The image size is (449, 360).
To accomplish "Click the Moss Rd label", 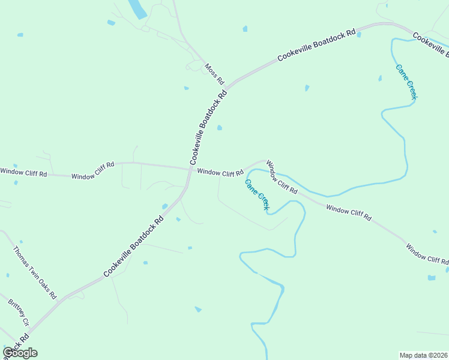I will (214, 74).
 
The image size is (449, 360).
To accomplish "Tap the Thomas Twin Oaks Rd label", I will (34, 272).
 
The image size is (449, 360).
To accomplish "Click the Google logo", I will (20, 353).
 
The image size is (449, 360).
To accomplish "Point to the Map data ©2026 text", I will (423, 355).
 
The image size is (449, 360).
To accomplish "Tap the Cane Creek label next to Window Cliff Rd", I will (257, 194).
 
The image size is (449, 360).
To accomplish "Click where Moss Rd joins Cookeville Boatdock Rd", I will (226, 85).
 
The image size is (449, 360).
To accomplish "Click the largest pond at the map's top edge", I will (137, 8).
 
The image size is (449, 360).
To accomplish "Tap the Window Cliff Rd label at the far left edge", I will (23, 172).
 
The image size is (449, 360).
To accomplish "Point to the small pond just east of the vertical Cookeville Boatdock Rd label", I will (220, 127).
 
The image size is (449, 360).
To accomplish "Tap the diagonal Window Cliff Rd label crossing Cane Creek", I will (282, 177).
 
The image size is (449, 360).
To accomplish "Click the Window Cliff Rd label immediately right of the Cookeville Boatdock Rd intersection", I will (220, 173).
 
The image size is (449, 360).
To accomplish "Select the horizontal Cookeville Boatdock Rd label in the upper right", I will (317, 45).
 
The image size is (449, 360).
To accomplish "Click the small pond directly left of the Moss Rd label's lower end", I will (186, 88).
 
